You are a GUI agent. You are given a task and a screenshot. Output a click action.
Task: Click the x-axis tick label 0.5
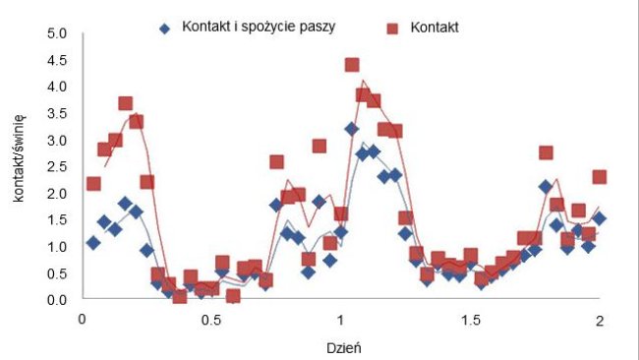pyautogui.click(x=209, y=320)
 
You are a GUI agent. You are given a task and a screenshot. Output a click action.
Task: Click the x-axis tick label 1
pyautogui.click(x=339, y=320)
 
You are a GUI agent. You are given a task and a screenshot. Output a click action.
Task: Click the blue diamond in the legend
pyautogui.click(x=165, y=28)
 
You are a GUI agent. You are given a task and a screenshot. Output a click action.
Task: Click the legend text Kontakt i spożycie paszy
pyautogui.click(x=260, y=27)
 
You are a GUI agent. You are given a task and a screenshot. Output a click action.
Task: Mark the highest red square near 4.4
pyautogui.click(x=352, y=65)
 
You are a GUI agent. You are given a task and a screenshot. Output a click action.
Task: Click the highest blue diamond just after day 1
pyautogui.click(x=351, y=129)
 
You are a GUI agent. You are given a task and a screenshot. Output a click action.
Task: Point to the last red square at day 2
pyautogui.click(x=600, y=177)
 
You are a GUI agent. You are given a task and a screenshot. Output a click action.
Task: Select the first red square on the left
pyautogui.click(x=93, y=184)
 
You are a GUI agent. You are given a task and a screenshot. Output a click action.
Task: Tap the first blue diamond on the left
pyautogui.click(x=93, y=242)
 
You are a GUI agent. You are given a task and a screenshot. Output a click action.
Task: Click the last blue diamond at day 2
pyautogui.click(x=599, y=218)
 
